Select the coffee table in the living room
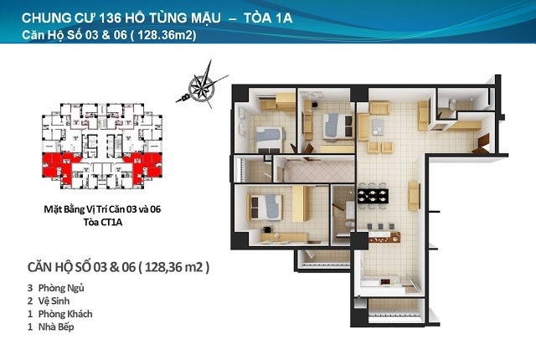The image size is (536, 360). click(x=379, y=126)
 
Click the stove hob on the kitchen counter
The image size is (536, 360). click(x=385, y=282)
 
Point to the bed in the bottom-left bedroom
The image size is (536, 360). click(x=265, y=208)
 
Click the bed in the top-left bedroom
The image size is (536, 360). click(x=270, y=139)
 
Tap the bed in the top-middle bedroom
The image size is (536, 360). click(x=338, y=126)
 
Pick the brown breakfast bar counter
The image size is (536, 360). click(x=384, y=237)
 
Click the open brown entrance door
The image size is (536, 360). click(x=482, y=145)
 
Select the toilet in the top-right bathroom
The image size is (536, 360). click(x=452, y=104)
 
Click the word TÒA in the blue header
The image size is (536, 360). click(x=256, y=18)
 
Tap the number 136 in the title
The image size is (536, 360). click(x=110, y=18)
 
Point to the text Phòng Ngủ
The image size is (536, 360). click(x=61, y=288)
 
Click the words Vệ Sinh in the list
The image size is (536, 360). click(x=54, y=301)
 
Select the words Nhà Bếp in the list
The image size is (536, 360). click(x=56, y=327)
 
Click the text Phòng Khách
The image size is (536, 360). click(x=65, y=314)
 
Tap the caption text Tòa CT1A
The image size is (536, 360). click(x=103, y=222)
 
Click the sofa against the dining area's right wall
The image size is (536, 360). click(x=414, y=196)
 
